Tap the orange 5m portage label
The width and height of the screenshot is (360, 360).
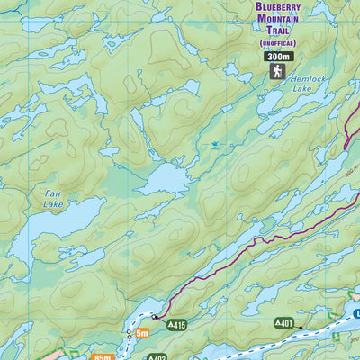coord(142,333)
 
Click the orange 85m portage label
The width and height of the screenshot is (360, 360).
coord(103,357)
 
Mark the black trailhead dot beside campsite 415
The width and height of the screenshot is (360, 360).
coord(155,317)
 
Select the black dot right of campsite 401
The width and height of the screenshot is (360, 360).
coord(302,322)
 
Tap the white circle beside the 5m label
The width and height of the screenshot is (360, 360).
coord(129,333)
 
